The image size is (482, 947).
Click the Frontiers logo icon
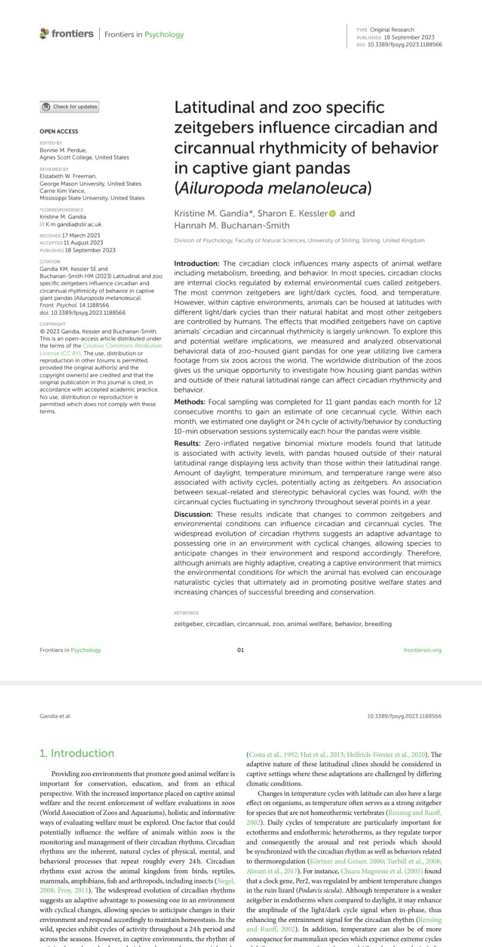pyautogui.click(x=44, y=33)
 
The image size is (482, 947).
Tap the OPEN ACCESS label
pyautogui.click(x=59, y=132)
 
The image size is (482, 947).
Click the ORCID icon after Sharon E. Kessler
pyautogui.click(x=333, y=214)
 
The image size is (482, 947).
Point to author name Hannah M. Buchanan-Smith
pyautogui.click(x=231, y=226)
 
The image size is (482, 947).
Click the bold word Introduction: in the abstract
pyautogui.click(x=196, y=264)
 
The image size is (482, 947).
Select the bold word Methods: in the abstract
pyautogui.click(x=190, y=402)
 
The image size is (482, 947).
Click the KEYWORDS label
pyautogui.click(x=186, y=613)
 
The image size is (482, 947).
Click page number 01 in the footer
pyautogui.click(x=241, y=650)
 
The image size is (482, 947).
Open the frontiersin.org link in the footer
pyautogui.click(x=422, y=650)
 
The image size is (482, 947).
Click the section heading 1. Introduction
pyautogui.click(x=77, y=753)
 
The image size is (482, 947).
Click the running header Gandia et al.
pyautogui.click(x=55, y=716)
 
